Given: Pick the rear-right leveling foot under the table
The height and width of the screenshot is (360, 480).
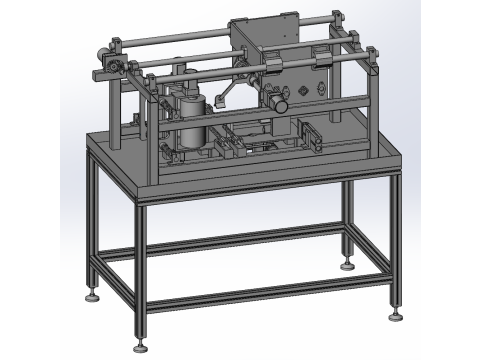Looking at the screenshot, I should tap(347, 265).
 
